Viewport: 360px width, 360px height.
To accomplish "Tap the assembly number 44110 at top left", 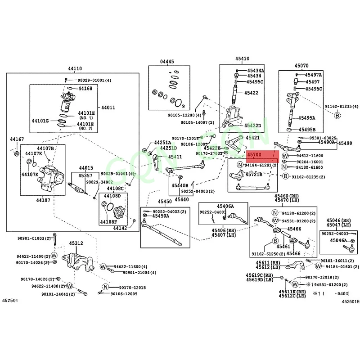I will [x=75, y=69].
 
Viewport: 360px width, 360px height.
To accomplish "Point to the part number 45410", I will [x=241, y=59].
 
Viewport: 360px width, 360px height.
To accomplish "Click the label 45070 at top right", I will [x=301, y=65].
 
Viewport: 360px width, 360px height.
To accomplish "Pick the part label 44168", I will [x=85, y=89].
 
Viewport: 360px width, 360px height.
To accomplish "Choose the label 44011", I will [x=108, y=108].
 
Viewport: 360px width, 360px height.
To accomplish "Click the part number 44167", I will [x=17, y=140].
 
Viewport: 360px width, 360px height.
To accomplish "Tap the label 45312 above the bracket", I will [x=76, y=243].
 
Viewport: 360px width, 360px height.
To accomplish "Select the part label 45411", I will [x=175, y=157].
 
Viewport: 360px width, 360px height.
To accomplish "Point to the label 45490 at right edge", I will [x=345, y=143].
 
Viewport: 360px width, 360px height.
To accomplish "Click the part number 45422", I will [x=251, y=93].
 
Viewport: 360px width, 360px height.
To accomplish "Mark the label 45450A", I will [x=161, y=216].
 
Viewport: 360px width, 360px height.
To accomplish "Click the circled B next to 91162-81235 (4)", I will [x=337, y=116].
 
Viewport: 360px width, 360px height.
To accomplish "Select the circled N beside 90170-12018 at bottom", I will [x=105, y=287].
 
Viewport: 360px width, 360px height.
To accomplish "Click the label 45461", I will [x=283, y=247].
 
